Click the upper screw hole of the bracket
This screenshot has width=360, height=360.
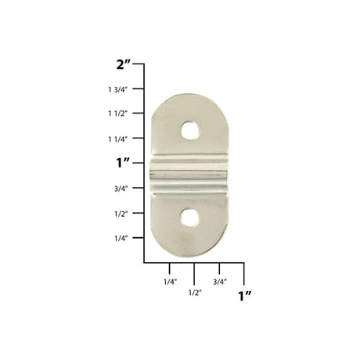tap(190, 131)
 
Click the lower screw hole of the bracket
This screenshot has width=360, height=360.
tap(190, 218)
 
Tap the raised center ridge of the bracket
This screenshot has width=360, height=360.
tap(189, 174)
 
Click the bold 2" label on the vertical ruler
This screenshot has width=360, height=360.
tap(123, 64)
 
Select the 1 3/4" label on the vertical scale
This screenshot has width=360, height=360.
tap(118, 90)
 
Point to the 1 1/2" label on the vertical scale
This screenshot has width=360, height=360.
tap(118, 113)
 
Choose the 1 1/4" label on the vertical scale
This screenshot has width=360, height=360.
tap(118, 139)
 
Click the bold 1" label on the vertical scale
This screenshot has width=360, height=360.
tap(123, 164)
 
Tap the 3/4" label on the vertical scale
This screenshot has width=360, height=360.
tap(121, 189)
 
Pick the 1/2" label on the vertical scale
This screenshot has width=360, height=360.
tap(121, 214)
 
